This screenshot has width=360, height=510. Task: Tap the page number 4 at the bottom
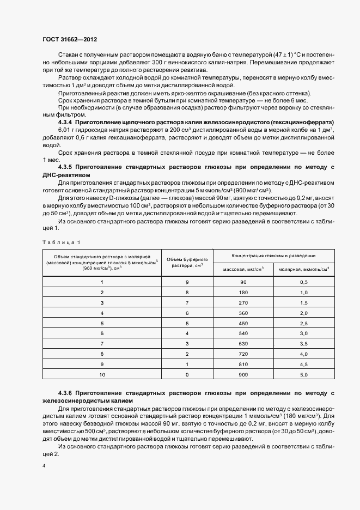(x=44, y=466)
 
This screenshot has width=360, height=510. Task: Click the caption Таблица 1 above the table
(x=60, y=241)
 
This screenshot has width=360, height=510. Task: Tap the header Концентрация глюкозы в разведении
(x=273, y=255)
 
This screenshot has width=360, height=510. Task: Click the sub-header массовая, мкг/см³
(x=243, y=269)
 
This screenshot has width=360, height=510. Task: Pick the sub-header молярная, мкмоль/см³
(x=304, y=269)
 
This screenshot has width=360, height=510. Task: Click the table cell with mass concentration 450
(x=243, y=323)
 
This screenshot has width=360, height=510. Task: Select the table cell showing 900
(x=243, y=375)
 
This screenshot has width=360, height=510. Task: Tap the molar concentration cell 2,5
(x=304, y=323)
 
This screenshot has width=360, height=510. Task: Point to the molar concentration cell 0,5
(x=304, y=282)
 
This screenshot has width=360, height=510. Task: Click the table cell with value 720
(x=243, y=354)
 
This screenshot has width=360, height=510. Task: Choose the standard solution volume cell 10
(x=101, y=375)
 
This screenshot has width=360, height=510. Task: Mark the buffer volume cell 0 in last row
(x=187, y=375)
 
